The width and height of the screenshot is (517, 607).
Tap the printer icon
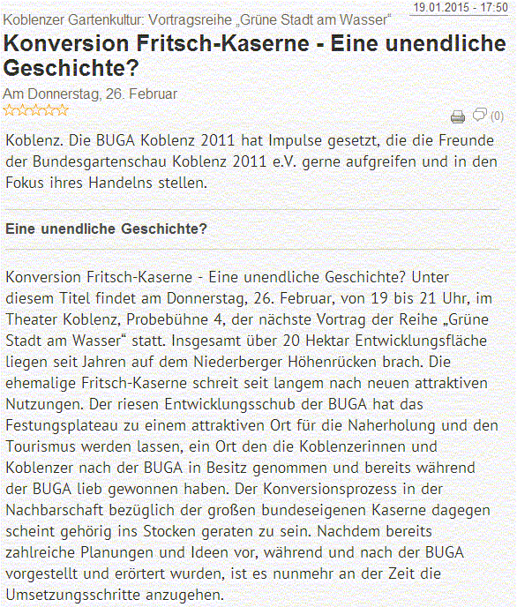pos(457,116)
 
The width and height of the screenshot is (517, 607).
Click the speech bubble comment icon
pos(480,115)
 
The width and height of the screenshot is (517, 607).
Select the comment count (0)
pos(497,116)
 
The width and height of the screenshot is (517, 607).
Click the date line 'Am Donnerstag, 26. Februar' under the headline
pos(91,93)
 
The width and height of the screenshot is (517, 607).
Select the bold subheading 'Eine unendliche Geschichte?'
pos(106,229)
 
